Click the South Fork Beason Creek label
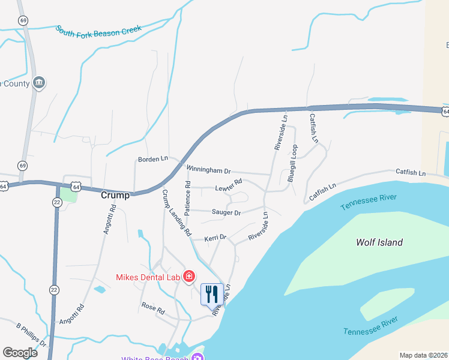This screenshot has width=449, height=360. coord(98,29)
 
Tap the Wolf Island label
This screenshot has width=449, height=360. coord(379,242)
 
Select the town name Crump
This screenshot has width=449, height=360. coord(115,195)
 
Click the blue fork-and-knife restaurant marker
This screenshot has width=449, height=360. coord(211,294)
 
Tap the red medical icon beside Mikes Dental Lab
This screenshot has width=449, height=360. coord(189,276)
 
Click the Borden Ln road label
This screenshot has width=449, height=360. coord(152,159)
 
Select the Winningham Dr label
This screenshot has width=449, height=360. coord(208,170)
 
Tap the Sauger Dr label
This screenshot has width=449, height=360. coord(226,212)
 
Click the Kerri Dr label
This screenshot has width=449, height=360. coord(215,238)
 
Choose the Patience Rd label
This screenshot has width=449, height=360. coord(187,199)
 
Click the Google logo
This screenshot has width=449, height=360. coord(20,353)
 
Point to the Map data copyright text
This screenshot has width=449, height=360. coord(423,355)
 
